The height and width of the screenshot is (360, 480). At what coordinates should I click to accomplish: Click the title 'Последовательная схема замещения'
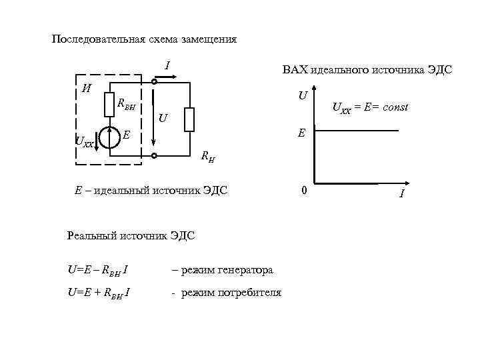point(144,39)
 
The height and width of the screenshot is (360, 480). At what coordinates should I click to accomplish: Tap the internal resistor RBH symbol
point(110,104)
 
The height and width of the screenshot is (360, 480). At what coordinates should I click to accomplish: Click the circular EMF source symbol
point(110,137)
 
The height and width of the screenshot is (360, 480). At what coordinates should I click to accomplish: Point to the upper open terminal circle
point(154,82)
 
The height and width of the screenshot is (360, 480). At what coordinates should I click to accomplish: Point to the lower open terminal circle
point(154,156)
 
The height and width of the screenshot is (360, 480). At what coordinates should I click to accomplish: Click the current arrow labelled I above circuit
point(167,77)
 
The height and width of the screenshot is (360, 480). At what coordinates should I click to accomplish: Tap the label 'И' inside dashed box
point(86,88)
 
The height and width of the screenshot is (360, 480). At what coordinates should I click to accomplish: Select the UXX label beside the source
point(85,141)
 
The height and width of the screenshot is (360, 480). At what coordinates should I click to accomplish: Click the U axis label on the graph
point(302,96)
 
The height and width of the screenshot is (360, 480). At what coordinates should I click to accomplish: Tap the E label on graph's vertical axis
point(301,133)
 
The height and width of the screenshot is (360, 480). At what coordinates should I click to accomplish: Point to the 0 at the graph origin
point(303,191)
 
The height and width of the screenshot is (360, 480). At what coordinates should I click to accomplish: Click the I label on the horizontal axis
point(401,193)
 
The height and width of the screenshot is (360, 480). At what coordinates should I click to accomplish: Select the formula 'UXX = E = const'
point(370,108)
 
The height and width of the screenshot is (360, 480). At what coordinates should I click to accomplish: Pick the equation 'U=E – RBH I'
point(99,270)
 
